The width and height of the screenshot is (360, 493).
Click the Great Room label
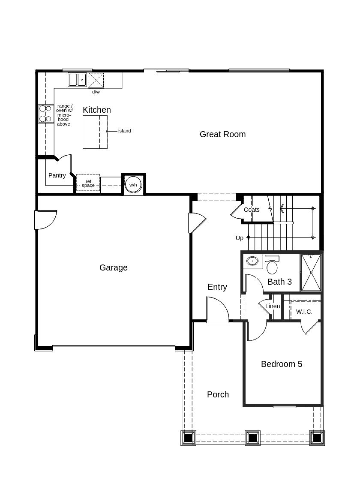(x=222, y=134)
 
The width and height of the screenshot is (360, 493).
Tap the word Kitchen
(x=96, y=110)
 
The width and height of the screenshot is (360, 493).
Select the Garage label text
(x=113, y=268)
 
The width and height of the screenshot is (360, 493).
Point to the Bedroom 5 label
(x=281, y=364)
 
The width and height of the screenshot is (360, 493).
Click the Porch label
(x=218, y=394)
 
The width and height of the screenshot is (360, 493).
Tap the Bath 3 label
(x=279, y=282)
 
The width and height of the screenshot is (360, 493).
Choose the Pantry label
(x=57, y=175)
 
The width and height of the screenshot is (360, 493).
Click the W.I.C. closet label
(x=304, y=312)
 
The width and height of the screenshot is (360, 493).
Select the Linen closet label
(x=273, y=306)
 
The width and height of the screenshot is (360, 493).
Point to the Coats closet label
(x=252, y=210)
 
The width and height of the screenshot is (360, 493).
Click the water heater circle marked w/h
(x=133, y=184)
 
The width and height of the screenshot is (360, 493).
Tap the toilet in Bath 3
(x=272, y=266)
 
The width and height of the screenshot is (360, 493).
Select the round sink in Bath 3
(x=252, y=261)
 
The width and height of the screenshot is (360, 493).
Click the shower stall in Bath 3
(x=311, y=273)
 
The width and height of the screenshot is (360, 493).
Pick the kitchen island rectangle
(x=95, y=132)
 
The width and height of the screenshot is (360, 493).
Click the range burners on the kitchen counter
(x=45, y=114)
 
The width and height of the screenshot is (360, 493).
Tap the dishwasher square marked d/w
(x=96, y=80)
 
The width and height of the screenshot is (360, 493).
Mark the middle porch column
(x=252, y=438)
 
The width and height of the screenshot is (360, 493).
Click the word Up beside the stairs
(x=239, y=238)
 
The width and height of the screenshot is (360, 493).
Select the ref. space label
(x=88, y=183)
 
